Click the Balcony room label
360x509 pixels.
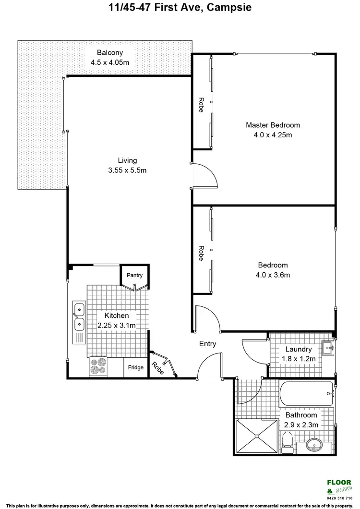110,53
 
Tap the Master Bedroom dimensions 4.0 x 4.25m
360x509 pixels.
273,135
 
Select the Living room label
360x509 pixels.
128,160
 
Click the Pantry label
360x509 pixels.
134,276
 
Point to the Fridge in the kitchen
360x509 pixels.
136,367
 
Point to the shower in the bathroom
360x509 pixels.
257,436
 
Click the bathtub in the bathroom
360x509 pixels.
306,394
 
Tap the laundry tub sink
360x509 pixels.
327,346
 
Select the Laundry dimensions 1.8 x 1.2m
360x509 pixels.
299,359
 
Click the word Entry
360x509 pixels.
208,344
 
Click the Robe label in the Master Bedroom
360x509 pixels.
201,105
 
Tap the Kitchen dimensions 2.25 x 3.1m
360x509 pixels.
117,326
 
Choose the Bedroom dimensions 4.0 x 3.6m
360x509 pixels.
273,275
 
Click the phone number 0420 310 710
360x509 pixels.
339,498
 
